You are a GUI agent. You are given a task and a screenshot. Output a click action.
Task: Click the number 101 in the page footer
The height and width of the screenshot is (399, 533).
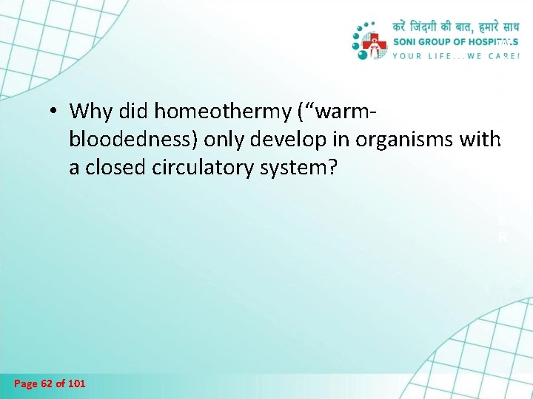(x=76, y=383)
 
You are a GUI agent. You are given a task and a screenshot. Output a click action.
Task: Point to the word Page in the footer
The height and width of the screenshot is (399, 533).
(x=26, y=383)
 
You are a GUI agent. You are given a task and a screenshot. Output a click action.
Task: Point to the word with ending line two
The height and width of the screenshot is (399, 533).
(x=482, y=140)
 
